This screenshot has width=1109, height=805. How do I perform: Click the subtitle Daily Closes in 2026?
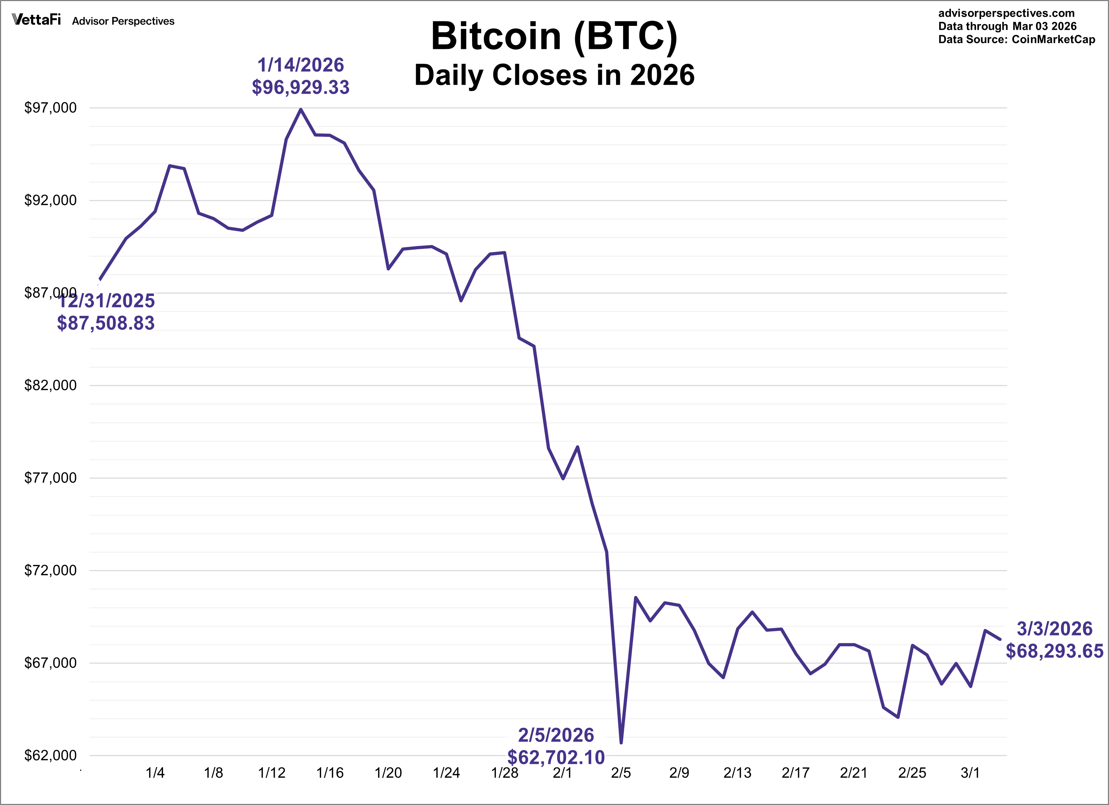pos(554,75)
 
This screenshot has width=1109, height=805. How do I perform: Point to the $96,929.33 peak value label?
pos(300,88)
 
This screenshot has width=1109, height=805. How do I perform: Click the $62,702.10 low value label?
pos(556,758)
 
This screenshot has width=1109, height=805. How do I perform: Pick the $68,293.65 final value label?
pos(1054,651)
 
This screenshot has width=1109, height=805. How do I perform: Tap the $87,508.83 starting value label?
pos(106,323)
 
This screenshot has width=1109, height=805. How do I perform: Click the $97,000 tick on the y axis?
pos(50,108)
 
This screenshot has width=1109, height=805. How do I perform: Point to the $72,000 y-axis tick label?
pos(50,570)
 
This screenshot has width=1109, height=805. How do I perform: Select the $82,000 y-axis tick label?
pos(50,385)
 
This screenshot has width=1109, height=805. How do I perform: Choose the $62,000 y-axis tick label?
pos(50,756)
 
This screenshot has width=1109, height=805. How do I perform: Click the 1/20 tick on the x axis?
pos(388,773)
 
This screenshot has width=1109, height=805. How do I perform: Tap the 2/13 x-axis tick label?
pos(737,773)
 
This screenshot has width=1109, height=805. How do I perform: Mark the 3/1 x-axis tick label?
pos(970,773)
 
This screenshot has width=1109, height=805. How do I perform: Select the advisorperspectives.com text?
pos(1006,13)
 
